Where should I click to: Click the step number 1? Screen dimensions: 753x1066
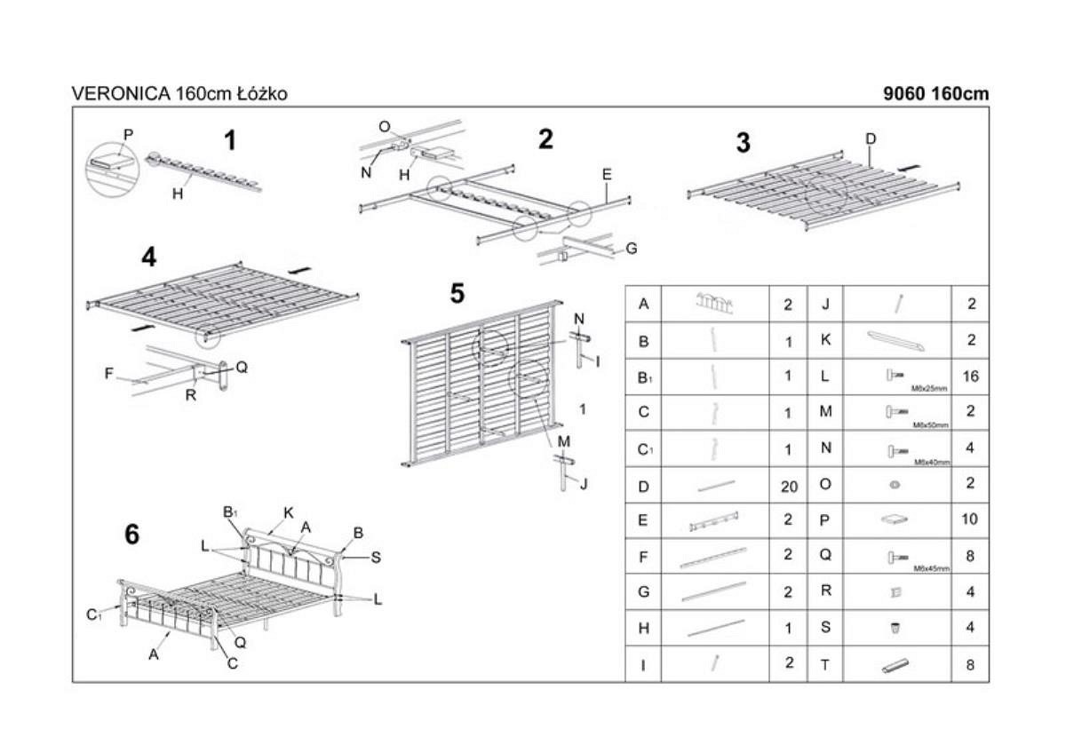(x=230, y=140)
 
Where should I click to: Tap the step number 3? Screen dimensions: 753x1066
(x=744, y=142)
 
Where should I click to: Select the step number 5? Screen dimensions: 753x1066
(x=457, y=293)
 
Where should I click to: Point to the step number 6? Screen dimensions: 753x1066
(x=132, y=535)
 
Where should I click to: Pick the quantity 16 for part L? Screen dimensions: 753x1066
(x=970, y=376)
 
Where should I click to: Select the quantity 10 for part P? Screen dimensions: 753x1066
(x=970, y=519)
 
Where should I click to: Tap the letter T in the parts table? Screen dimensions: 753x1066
(x=824, y=664)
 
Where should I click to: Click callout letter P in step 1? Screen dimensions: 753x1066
(x=128, y=135)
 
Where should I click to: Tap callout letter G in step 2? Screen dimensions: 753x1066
(x=631, y=249)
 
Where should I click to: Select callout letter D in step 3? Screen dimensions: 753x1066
(x=871, y=139)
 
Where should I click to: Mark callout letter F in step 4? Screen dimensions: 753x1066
(x=109, y=374)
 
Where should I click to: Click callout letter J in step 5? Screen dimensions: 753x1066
(x=583, y=483)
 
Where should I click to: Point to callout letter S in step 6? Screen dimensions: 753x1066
(x=376, y=558)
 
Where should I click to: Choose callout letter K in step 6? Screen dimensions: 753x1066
(x=289, y=512)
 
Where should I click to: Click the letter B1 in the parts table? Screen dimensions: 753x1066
(x=644, y=376)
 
